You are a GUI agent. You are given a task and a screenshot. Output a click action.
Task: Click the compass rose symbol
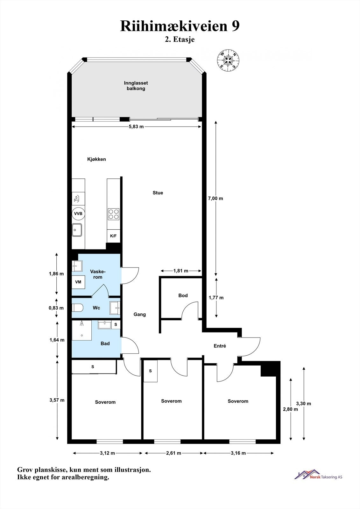point(228,59)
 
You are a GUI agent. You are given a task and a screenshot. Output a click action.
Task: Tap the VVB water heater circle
point(78,213)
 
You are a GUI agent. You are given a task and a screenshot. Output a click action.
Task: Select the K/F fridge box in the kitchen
point(113,236)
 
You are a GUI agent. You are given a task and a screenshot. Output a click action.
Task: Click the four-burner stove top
point(114,214)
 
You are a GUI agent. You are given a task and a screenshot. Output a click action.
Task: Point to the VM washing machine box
point(78,282)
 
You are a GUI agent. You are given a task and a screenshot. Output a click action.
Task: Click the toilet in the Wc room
point(78,308)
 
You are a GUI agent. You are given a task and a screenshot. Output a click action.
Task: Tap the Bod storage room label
point(183,296)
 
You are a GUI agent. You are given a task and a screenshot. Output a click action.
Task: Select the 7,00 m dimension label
point(215,198)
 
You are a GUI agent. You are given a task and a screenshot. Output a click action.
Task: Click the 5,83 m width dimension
point(136,127)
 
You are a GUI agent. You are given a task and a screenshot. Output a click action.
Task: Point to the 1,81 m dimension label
point(180,271)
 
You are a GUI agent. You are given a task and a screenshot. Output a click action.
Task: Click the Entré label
point(220,346)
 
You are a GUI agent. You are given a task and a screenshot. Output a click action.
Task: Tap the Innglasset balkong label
point(136,86)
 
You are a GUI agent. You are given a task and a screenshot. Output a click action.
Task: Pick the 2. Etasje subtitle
point(180,40)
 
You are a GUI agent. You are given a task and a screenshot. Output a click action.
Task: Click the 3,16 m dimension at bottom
point(238,453)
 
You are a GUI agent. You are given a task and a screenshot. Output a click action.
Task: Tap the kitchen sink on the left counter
point(77,229)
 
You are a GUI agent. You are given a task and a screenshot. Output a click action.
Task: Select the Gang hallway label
point(140,314)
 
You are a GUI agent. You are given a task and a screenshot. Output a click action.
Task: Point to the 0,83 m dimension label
point(56,308)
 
